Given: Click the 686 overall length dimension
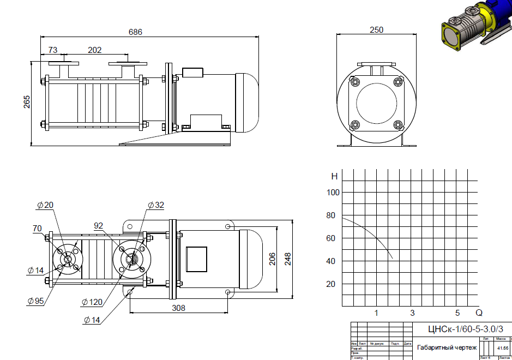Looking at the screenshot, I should (x=135, y=32).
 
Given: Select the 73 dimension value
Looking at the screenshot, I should (x=53, y=50).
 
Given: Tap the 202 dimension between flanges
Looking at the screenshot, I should (x=94, y=50).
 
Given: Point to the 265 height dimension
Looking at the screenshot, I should (x=27, y=102).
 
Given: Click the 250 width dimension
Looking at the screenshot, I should (x=376, y=30).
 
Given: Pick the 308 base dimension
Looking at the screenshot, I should (x=178, y=308).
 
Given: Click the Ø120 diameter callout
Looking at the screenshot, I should (x=92, y=301).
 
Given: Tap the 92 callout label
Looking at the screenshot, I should (x=99, y=225).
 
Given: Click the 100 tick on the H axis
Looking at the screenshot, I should (x=333, y=192).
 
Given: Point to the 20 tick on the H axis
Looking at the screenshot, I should (x=330, y=284).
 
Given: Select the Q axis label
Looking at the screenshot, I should (x=479, y=313).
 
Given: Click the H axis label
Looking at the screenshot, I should (x=334, y=176).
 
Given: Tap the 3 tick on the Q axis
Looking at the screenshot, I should (x=412, y=313).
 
